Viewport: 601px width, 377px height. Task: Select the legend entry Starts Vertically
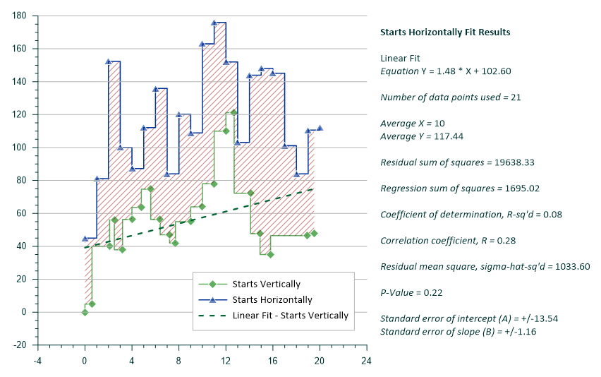266,285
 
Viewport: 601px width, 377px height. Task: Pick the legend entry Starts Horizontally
272,300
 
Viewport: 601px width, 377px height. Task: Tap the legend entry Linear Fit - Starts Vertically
290,316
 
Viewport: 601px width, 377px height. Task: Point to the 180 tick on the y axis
20,16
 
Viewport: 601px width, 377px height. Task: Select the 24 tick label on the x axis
366,359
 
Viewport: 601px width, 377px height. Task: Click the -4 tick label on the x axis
38,359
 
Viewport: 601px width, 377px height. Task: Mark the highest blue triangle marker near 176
214,23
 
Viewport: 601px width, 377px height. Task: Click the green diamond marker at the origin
85,312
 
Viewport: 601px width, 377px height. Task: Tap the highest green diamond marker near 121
233,112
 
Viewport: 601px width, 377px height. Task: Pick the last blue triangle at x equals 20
320,128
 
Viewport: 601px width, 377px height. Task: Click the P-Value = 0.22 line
410,292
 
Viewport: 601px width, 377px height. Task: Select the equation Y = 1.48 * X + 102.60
445,71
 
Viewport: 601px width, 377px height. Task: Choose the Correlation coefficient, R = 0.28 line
448,241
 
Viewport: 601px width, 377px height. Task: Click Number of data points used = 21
450,97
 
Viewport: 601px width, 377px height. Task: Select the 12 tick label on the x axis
226,359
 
